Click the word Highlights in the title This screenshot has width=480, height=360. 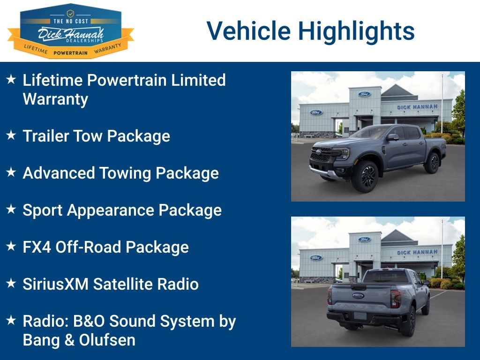click(356, 31)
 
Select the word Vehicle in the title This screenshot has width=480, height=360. click(248, 31)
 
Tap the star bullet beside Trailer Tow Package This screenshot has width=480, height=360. click(11, 135)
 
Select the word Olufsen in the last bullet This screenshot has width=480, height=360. click(107, 340)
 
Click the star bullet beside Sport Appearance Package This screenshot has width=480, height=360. click(11, 210)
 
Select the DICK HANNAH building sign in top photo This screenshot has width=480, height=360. click(417, 107)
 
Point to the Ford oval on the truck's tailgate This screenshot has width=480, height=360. click(358, 295)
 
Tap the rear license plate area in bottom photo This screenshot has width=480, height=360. click(360, 315)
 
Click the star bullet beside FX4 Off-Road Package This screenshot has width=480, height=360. click(11, 247)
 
